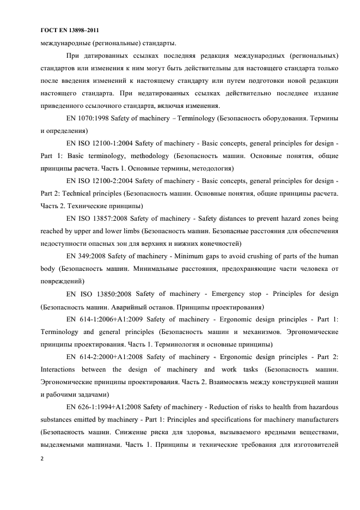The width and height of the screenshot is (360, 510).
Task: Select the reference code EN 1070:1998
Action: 86,118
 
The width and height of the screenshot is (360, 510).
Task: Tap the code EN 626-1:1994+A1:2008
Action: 103,407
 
